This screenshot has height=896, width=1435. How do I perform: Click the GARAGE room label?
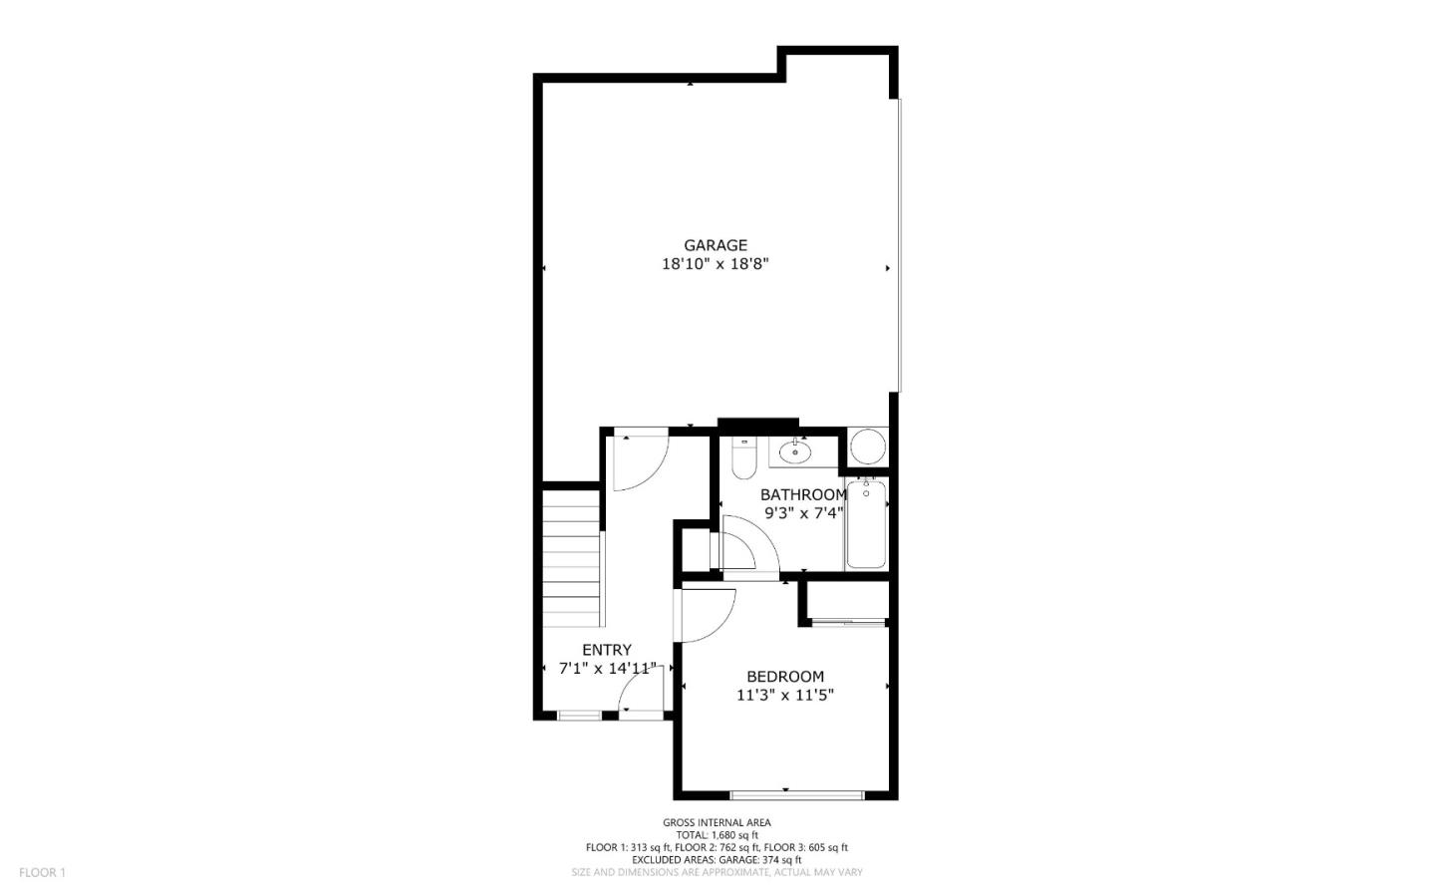pyautogui.click(x=715, y=245)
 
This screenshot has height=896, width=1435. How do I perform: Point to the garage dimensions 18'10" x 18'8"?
pyautogui.click(x=715, y=265)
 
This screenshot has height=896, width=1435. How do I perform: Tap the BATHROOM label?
pyautogui.click(x=803, y=494)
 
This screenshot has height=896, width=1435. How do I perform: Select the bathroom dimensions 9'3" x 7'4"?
pyautogui.click(x=803, y=513)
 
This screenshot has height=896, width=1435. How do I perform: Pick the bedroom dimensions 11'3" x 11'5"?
pyautogui.click(x=784, y=695)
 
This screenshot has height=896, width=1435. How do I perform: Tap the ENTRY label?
pyautogui.click(x=607, y=650)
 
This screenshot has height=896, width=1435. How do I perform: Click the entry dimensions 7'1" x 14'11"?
pyautogui.click(x=607, y=669)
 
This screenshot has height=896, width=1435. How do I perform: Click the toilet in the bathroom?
pyautogui.click(x=743, y=458)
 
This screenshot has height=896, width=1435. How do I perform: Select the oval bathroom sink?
pyautogui.click(x=794, y=452)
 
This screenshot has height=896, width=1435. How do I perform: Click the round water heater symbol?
pyautogui.click(x=867, y=448)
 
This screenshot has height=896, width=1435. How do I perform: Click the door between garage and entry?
pyautogui.click(x=637, y=460)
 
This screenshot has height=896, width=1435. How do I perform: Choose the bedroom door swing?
pyautogui.click(x=706, y=615)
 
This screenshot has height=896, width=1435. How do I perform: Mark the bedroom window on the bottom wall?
pyautogui.click(x=797, y=794)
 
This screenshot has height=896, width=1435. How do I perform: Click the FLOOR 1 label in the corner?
pyautogui.click(x=42, y=872)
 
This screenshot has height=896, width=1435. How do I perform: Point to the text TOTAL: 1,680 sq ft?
pyautogui.click(x=717, y=835)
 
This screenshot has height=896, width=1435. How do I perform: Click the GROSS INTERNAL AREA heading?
pyautogui.click(x=717, y=822)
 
